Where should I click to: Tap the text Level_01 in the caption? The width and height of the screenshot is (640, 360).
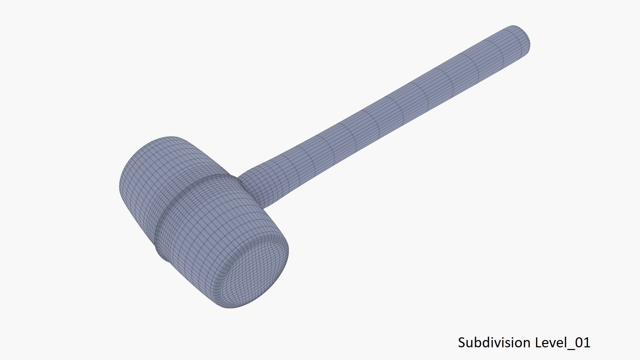(x=563, y=343)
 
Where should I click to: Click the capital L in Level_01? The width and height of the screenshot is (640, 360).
(x=538, y=343)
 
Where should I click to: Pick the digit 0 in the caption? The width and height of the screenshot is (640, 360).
(x=579, y=343)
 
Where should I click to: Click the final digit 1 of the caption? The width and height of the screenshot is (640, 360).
(x=587, y=343)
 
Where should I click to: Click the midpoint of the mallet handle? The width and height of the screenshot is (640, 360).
(x=383, y=113)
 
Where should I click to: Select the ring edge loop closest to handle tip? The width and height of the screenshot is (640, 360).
(x=503, y=50)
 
